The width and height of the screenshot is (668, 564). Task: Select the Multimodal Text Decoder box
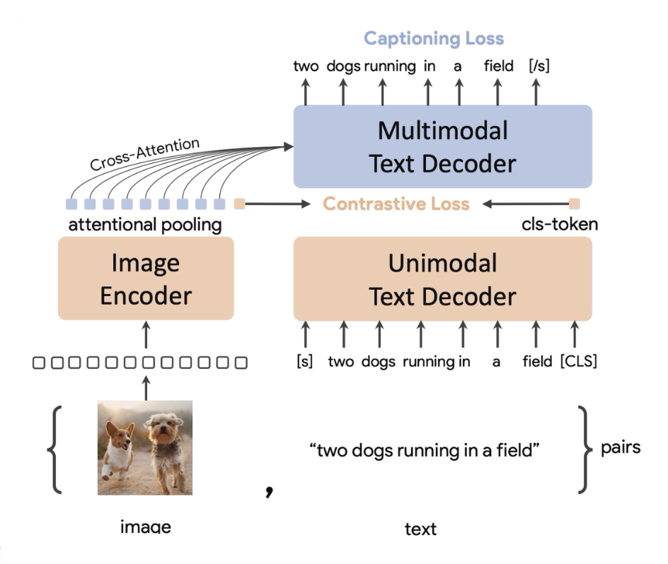pyautogui.click(x=442, y=146)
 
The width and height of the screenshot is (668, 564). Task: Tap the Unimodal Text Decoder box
pyautogui.click(x=442, y=279)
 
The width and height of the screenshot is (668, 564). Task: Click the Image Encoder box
pyautogui.click(x=146, y=279)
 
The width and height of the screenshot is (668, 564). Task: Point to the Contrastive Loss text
pyautogui.click(x=396, y=204)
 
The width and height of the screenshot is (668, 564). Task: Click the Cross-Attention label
pyautogui.click(x=146, y=154)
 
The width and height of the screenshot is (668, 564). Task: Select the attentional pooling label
pyautogui.click(x=145, y=225)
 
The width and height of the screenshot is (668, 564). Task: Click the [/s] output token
pyautogui.click(x=539, y=67)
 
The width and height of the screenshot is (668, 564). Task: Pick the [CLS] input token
pyautogui.click(x=578, y=362)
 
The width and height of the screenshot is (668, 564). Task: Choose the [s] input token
pyautogui.click(x=305, y=362)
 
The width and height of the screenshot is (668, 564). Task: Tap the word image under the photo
pyautogui.click(x=146, y=527)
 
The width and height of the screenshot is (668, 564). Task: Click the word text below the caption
pyautogui.click(x=420, y=528)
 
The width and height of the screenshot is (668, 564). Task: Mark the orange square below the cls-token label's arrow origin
pyautogui.click(x=574, y=204)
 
